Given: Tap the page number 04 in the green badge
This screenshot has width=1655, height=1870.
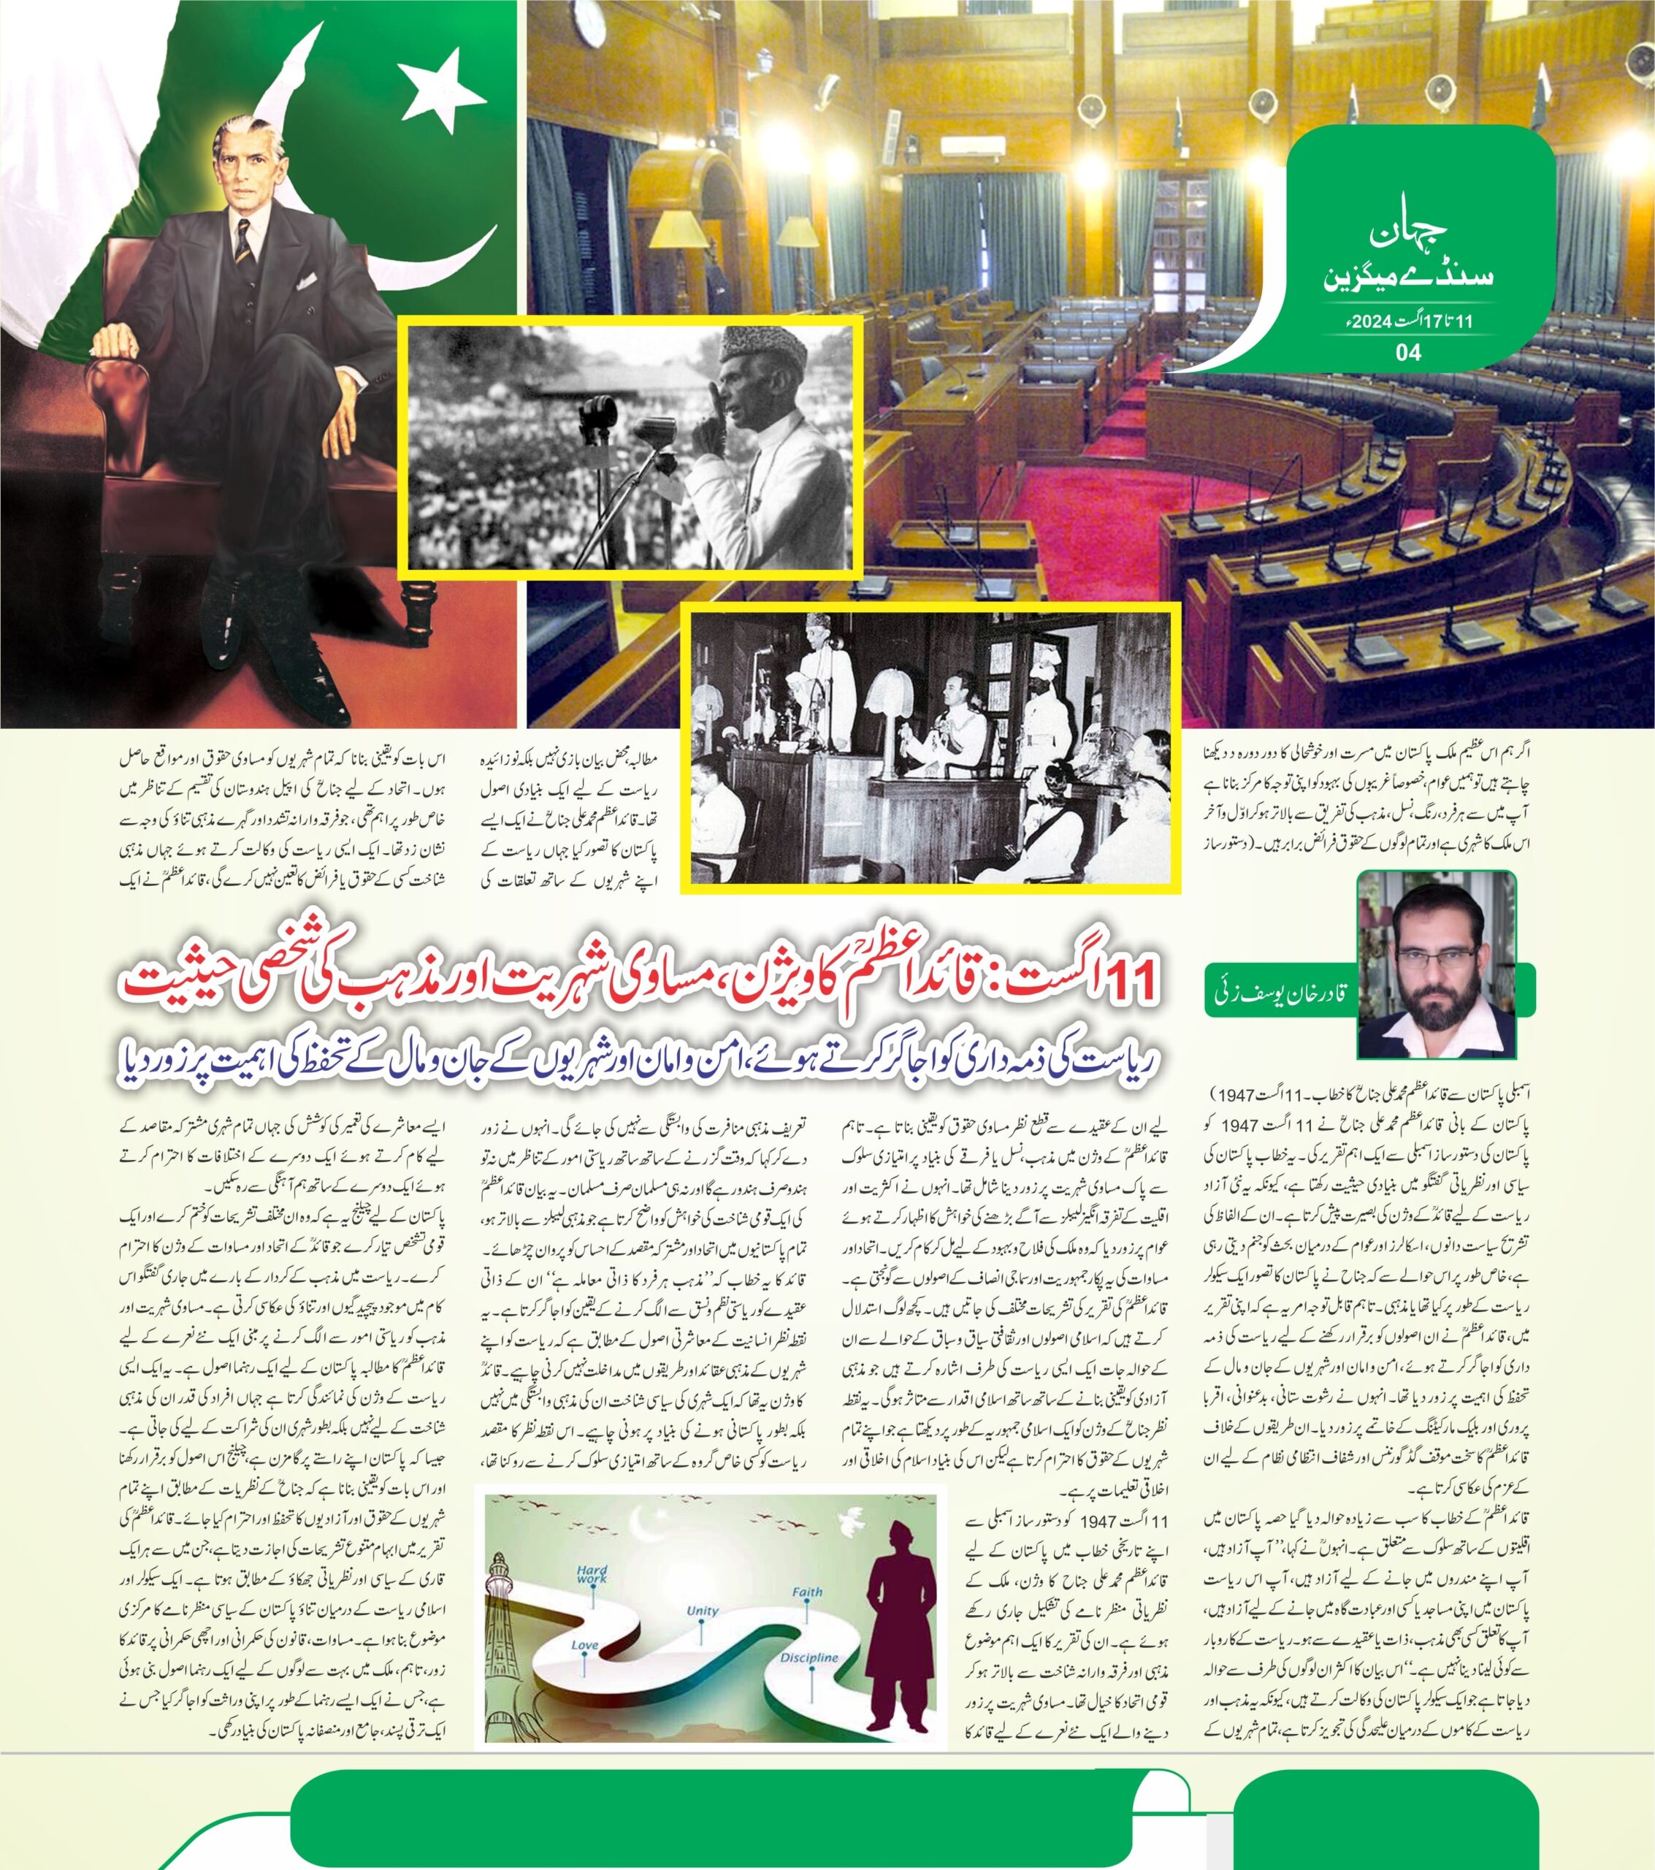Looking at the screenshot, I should [x=1409, y=351].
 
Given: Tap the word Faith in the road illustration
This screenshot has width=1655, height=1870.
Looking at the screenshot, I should [x=807, y=1591].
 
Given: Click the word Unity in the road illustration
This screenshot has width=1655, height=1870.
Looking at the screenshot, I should [x=702, y=1611].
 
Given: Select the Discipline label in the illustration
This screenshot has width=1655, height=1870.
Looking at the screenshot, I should [x=809, y=1657].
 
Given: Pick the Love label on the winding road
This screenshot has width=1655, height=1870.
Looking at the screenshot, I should [x=584, y=1645].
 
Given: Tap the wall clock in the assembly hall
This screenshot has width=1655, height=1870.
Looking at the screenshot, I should [x=589, y=20].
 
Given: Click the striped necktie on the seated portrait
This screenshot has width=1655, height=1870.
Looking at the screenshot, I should [x=242, y=240].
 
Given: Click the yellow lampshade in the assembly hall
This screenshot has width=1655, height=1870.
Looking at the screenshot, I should [x=675, y=229].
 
